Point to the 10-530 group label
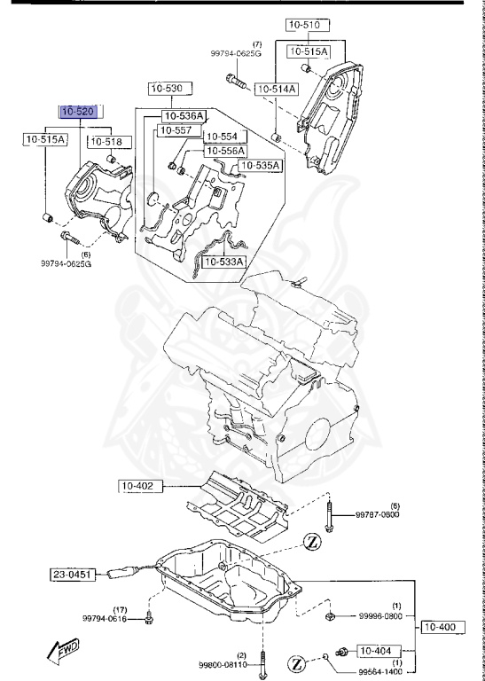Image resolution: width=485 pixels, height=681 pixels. [x=166, y=88]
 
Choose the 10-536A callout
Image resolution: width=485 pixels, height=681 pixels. [x=184, y=116]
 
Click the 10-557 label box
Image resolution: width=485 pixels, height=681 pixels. [x=174, y=131]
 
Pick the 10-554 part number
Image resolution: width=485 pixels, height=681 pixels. [x=222, y=137]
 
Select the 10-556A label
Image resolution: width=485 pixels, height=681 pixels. [x=226, y=152]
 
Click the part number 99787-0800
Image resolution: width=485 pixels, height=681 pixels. [x=380, y=514]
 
